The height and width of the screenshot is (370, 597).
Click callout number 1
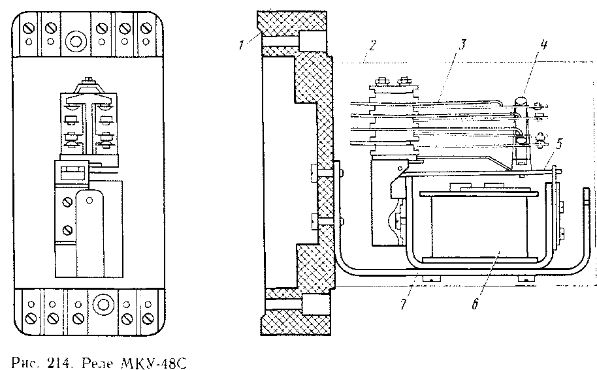(x=241, y=45)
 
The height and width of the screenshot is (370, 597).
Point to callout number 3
(x=462, y=45)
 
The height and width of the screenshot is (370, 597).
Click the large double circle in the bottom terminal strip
(x=102, y=305)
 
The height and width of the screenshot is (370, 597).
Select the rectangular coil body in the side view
(x=479, y=225)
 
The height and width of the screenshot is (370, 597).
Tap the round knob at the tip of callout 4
(x=521, y=101)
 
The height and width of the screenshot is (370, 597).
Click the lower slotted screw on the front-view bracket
(x=67, y=230)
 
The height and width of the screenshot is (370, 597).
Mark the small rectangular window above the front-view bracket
(x=71, y=172)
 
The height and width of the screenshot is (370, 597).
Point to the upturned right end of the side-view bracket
(x=586, y=202)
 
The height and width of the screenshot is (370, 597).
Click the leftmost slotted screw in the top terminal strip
(x=29, y=29)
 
